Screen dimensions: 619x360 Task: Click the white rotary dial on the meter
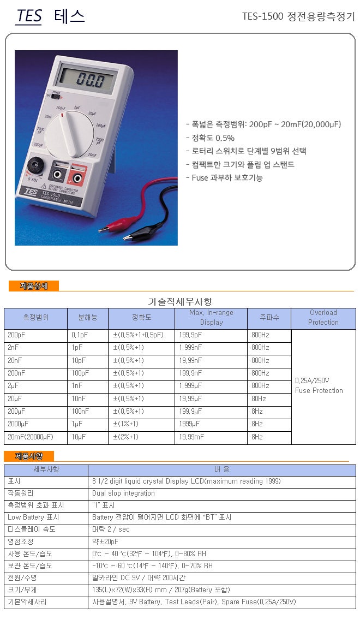(x=70, y=132)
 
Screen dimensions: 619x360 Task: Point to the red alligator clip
(x=109, y=230)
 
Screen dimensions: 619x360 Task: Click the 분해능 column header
(x=88, y=317)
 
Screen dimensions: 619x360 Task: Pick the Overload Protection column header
(x=323, y=317)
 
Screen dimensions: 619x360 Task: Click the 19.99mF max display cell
(x=191, y=437)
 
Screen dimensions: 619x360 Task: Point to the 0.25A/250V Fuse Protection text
(x=319, y=385)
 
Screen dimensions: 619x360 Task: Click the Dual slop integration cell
(x=124, y=493)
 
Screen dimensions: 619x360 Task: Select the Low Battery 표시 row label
(x=33, y=517)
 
